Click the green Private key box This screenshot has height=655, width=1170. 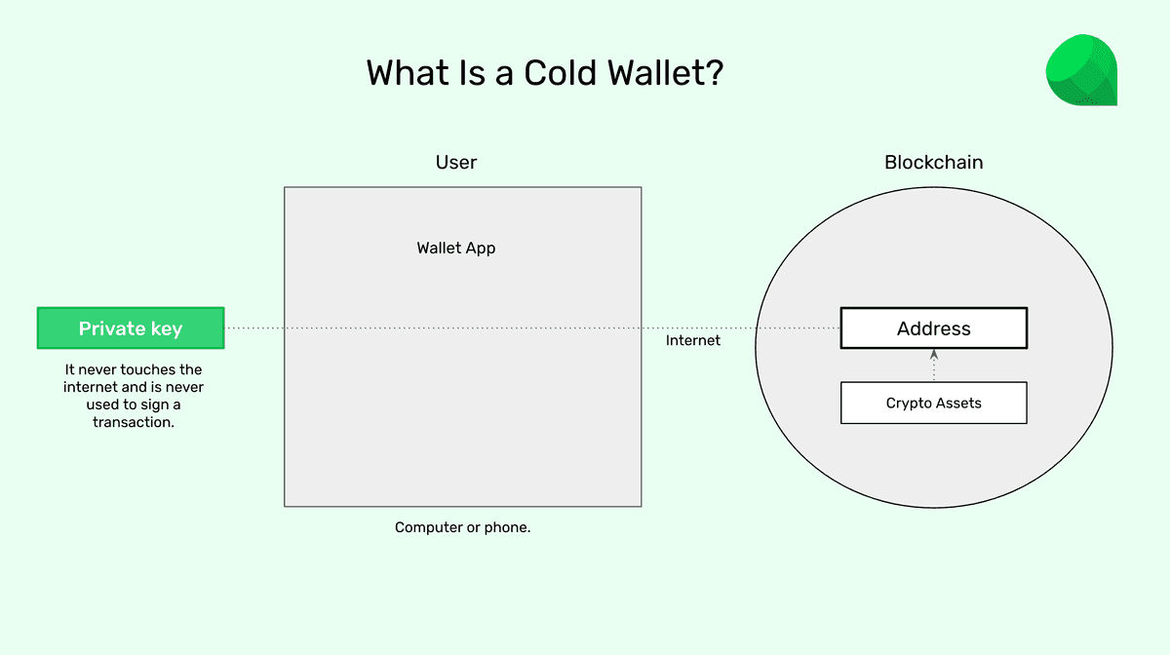click(131, 328)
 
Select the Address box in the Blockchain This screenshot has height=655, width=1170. click(933, 328)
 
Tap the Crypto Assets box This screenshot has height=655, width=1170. click(933, 403)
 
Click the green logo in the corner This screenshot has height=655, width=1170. click(1080, 70)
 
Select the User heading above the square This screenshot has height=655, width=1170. click(456, 162)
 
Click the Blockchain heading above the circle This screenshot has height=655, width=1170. click(933, 162)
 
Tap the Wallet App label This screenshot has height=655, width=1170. click(456, 248)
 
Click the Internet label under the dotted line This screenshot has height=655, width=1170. click(693, 340)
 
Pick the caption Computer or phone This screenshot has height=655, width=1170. click(462, 527)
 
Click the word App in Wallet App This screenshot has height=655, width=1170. click(480, 248)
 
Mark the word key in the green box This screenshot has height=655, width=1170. click(166, 328)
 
